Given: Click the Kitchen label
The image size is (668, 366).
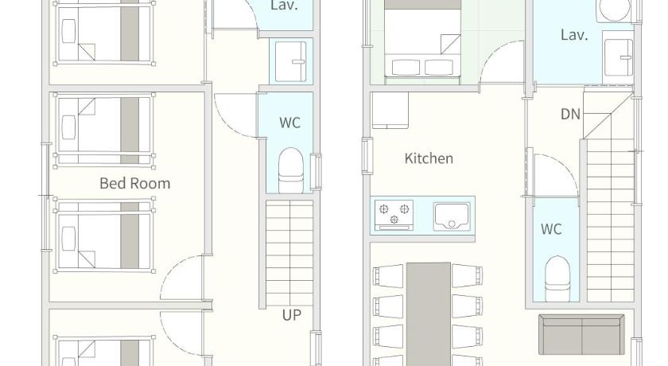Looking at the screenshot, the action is [x=429, y=158].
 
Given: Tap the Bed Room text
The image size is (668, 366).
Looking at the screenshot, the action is [x=134, y=183].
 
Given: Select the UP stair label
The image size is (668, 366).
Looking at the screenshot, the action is [x=291, y=315].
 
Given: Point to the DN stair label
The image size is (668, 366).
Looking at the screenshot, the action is [x=570, y=115].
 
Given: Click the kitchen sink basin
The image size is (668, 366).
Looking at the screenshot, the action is [x=452, y=216].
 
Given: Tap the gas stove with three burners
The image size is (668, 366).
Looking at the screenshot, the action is [x=394, y=215].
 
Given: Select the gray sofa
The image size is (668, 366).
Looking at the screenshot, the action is [x=581, y=334].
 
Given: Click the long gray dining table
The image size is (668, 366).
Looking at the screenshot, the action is [x=428, y=314].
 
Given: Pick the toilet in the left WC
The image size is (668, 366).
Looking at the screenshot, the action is [x=291, y=170].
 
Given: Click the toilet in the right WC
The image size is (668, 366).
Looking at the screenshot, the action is [x=557, y=278].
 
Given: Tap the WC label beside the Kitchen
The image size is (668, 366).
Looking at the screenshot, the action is [x=551, y=229].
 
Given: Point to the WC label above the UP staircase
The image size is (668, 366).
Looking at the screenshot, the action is [x=290, y=123].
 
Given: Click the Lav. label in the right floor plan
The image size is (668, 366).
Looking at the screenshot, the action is [x=574, y=35].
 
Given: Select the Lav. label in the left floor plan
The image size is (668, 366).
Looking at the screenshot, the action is [x=284, y=6].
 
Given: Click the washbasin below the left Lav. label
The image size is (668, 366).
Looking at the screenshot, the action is [x=291, y=61].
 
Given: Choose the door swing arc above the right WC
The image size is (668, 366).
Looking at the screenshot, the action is [x=562, y=167].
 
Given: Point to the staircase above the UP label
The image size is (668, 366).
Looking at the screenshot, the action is [x=289, y=253].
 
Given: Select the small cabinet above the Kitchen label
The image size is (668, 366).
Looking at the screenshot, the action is [x=390, y=111].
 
